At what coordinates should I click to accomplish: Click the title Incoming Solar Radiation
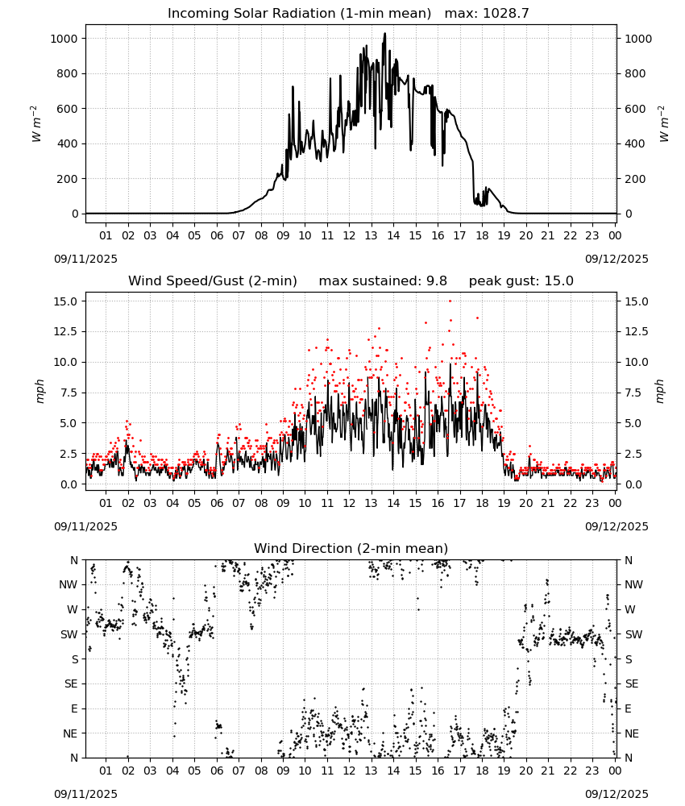[251, 13]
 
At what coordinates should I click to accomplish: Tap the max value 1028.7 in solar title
[505, 13]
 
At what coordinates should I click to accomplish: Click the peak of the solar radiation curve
[384, 34]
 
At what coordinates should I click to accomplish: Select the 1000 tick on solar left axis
[64, 39]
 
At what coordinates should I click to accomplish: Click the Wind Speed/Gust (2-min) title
[213, 280]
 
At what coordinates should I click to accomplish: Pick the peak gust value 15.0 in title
[561, 280]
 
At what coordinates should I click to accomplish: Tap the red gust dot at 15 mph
[450, 301]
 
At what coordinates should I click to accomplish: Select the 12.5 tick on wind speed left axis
[66, 331]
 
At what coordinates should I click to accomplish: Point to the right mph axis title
[660, 392]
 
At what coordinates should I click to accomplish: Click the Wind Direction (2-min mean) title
[351, 548]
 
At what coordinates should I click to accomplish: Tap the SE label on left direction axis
[71, 683]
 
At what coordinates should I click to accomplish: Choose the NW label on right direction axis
[633, 584]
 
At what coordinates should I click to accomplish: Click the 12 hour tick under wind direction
[350, 771]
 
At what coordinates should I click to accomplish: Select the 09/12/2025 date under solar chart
[616, 259]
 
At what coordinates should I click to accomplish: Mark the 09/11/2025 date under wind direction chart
[85, 794]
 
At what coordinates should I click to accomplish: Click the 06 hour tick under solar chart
[217, 235]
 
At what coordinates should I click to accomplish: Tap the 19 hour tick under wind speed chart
[504, 503]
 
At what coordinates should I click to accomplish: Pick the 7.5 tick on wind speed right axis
[633, 393]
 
